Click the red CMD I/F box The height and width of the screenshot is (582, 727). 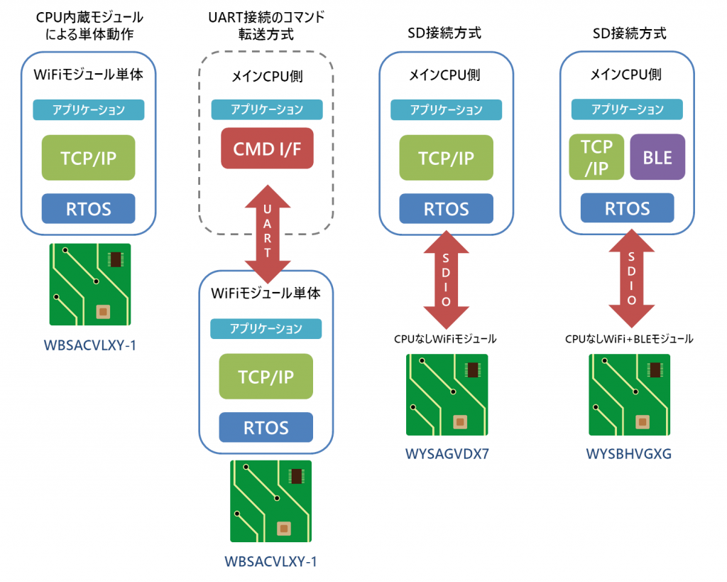[267, 149]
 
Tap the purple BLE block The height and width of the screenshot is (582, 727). [657, 157]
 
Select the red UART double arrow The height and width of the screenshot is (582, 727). [268, 234]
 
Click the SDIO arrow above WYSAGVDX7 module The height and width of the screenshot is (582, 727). [446, 280]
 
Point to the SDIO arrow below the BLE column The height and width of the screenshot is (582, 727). [631, 279]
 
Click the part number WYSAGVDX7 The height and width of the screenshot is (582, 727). [447, 453]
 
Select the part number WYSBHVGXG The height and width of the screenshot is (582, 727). [629, 453]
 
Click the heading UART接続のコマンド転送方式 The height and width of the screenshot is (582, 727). [266, 26]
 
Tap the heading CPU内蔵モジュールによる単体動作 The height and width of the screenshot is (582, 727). [89, 26]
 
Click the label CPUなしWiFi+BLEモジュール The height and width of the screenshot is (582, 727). [629, 339]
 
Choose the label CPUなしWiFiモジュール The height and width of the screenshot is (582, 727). [445, 339]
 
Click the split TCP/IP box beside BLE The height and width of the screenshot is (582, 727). [596, 157]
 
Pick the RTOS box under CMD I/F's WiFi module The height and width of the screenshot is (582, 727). [266, 427]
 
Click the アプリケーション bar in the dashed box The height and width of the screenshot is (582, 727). [267, 109]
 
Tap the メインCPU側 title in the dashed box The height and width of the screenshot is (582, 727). [267, 75]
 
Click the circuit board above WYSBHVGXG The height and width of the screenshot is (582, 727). [629, 394]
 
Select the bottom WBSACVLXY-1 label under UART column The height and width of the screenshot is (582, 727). [270, 561]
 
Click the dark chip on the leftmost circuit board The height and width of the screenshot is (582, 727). [116, 259]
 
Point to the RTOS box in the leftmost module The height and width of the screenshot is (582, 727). [89, 208]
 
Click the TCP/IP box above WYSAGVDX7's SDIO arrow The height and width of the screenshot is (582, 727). [446, 158]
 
